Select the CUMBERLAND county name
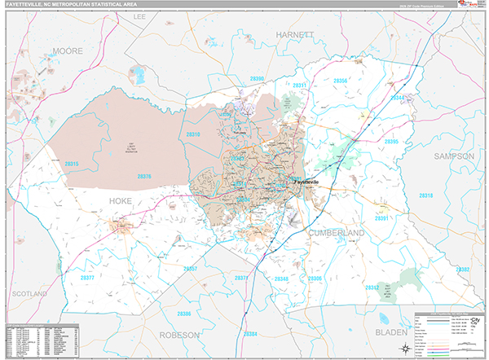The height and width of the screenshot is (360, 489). point(337,233)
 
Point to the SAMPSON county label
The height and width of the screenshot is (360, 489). point(454,156)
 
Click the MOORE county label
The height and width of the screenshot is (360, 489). point(68,50)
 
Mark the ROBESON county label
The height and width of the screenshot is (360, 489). point(180,335)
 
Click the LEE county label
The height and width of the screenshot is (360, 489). point(141,15)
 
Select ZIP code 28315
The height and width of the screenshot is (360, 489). point(71,164)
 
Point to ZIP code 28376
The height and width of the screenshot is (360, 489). point(144,176)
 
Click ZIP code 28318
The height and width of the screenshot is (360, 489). point(425,195)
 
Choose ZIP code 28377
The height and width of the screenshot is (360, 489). point(87,278)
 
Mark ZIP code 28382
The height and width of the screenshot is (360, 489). point(462,269)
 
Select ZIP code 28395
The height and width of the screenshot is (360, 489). point(390,142)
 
